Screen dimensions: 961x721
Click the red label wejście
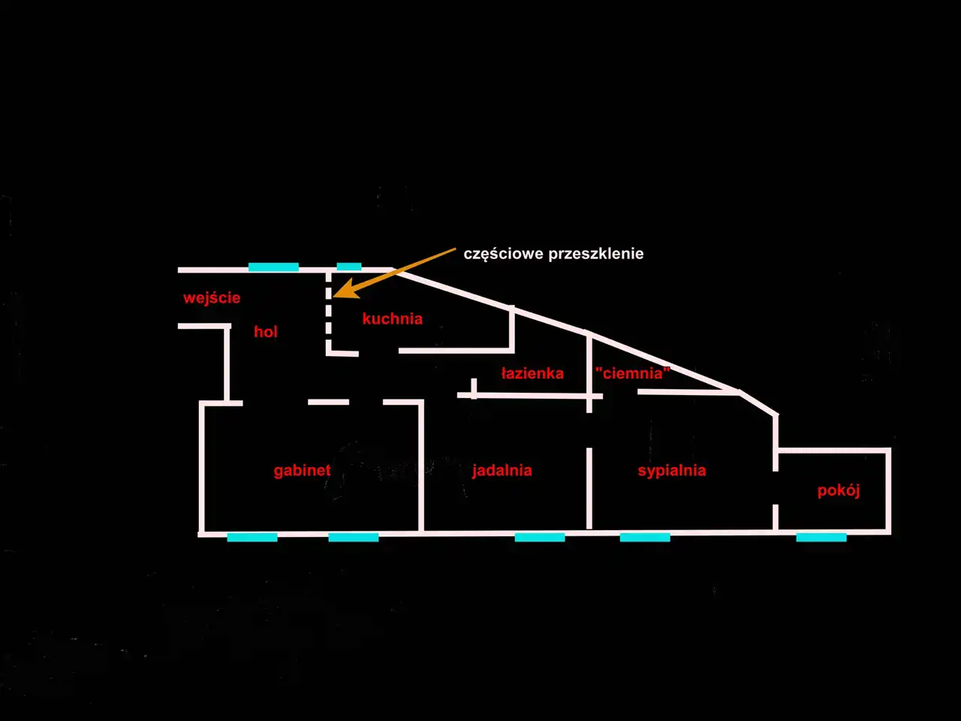point(212,299)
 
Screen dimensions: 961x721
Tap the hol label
point(266,332)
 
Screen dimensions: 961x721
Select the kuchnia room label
point(392,318)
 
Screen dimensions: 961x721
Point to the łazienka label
point(532,373)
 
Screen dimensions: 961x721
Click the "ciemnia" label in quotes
point(633,373)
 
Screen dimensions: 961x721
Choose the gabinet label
point(302,471)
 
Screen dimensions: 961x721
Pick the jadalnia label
point(502,471)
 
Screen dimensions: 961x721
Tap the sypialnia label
point(672,471)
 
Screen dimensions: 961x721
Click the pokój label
point(839,490)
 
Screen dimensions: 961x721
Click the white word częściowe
point(504,255)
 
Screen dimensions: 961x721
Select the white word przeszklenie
point(596,255)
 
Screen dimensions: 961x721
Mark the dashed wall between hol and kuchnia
point(328,312)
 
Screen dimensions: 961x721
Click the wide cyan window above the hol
point(273,267)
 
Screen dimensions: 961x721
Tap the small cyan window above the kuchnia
point(349,266)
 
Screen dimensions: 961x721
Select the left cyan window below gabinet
point(252,537)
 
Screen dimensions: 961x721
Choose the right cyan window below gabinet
point(354,537)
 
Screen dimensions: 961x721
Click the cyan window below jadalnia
point(540,537)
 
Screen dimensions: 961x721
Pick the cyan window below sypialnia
point(645,537)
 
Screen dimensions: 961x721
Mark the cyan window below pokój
point(821,537)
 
